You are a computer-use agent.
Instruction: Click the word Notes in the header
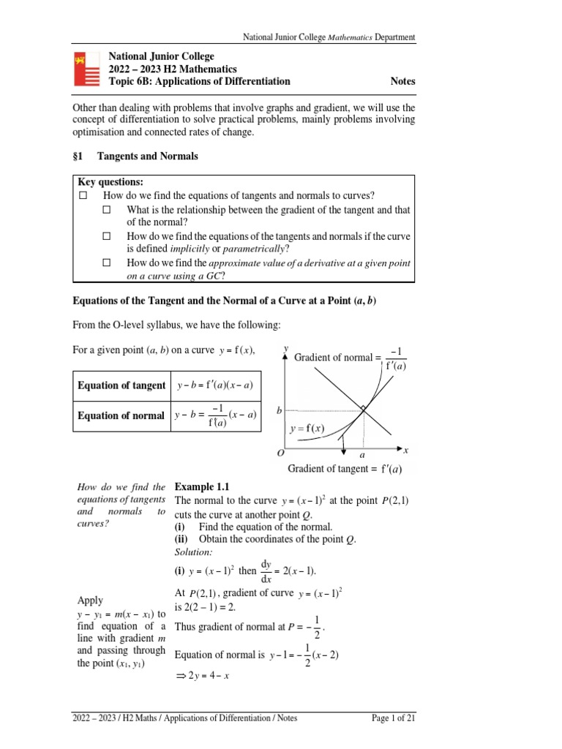pyautogui.click(x=402, y=81)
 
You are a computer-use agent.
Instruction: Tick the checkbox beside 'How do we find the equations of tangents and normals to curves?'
pyautogui.click(x=83, y=195)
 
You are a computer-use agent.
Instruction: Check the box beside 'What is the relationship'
pyautogui.click(x=107, y=209)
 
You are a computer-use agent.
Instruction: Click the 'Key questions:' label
pyautogui.click(x=110, y=182)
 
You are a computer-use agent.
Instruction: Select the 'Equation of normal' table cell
pyautogui.click(x=121, y=415)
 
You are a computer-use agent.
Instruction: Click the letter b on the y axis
pyautogui.click(x=279, y=411)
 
